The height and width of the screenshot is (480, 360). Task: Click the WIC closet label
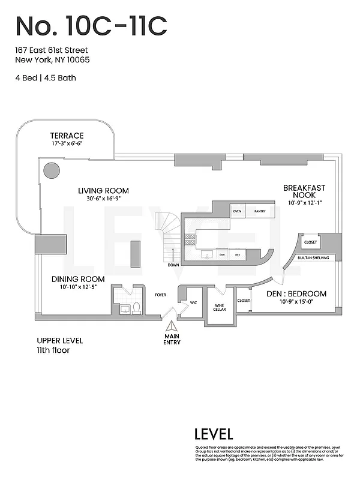coord(193,302)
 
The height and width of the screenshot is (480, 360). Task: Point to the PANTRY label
coord(260,211)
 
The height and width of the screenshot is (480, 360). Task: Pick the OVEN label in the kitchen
coord(237,211)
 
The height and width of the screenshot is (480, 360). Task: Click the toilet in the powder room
coord(136,308)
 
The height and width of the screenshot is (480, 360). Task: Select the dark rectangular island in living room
coord(136,254)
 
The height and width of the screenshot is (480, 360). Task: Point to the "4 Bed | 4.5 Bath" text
coord(46,77)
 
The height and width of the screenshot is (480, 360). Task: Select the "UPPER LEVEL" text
coord(60,340)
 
